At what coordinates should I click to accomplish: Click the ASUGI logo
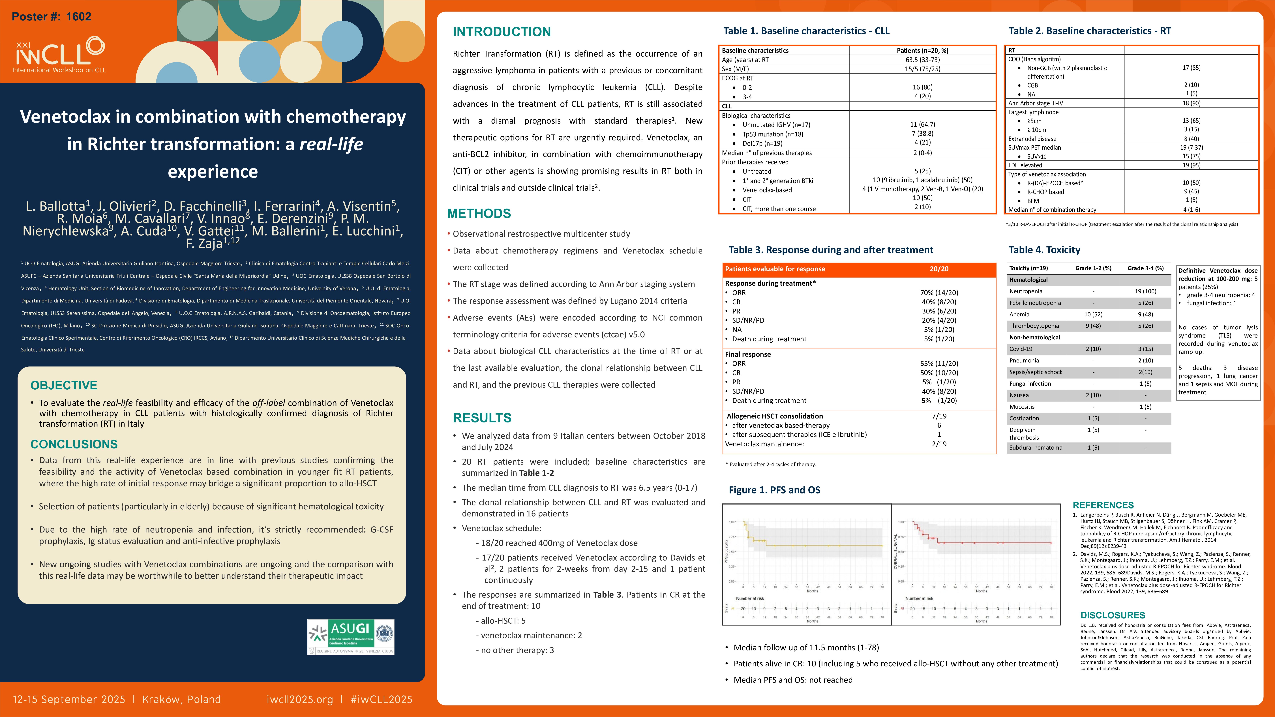[350, 636]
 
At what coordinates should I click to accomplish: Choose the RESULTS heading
[482, 418]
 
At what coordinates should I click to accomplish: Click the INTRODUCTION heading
[501, 32]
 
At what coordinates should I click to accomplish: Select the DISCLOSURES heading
[1113, 615]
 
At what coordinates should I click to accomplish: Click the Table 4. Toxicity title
[1044, 250]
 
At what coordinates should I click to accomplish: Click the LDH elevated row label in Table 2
[1025, 165]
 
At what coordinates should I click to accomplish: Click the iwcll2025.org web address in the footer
[299, 699]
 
